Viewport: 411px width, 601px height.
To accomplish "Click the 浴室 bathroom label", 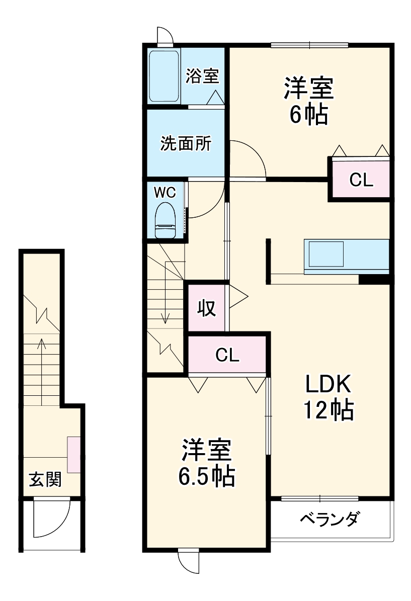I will click(x=202, y=76).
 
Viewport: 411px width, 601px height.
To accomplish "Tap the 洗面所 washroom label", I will click(x=186, y=144).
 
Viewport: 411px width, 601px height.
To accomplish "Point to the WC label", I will click(x=165, y=192).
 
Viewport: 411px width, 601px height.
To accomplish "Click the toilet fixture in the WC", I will click(x=165, y=220).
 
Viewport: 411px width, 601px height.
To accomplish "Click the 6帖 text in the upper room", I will click(x=308, y=115).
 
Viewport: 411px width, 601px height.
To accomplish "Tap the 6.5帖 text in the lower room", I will click(x=207, y=476).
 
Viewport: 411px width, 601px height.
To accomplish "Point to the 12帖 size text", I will click(x=328, y=410).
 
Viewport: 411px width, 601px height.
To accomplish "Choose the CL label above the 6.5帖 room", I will click(x=227, y=355).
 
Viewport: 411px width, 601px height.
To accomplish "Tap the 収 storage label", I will click(x=206, y=308).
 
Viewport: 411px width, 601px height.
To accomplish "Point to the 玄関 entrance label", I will click(x=45, y=479).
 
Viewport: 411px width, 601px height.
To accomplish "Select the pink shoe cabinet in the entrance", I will click(x=73, y=455).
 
